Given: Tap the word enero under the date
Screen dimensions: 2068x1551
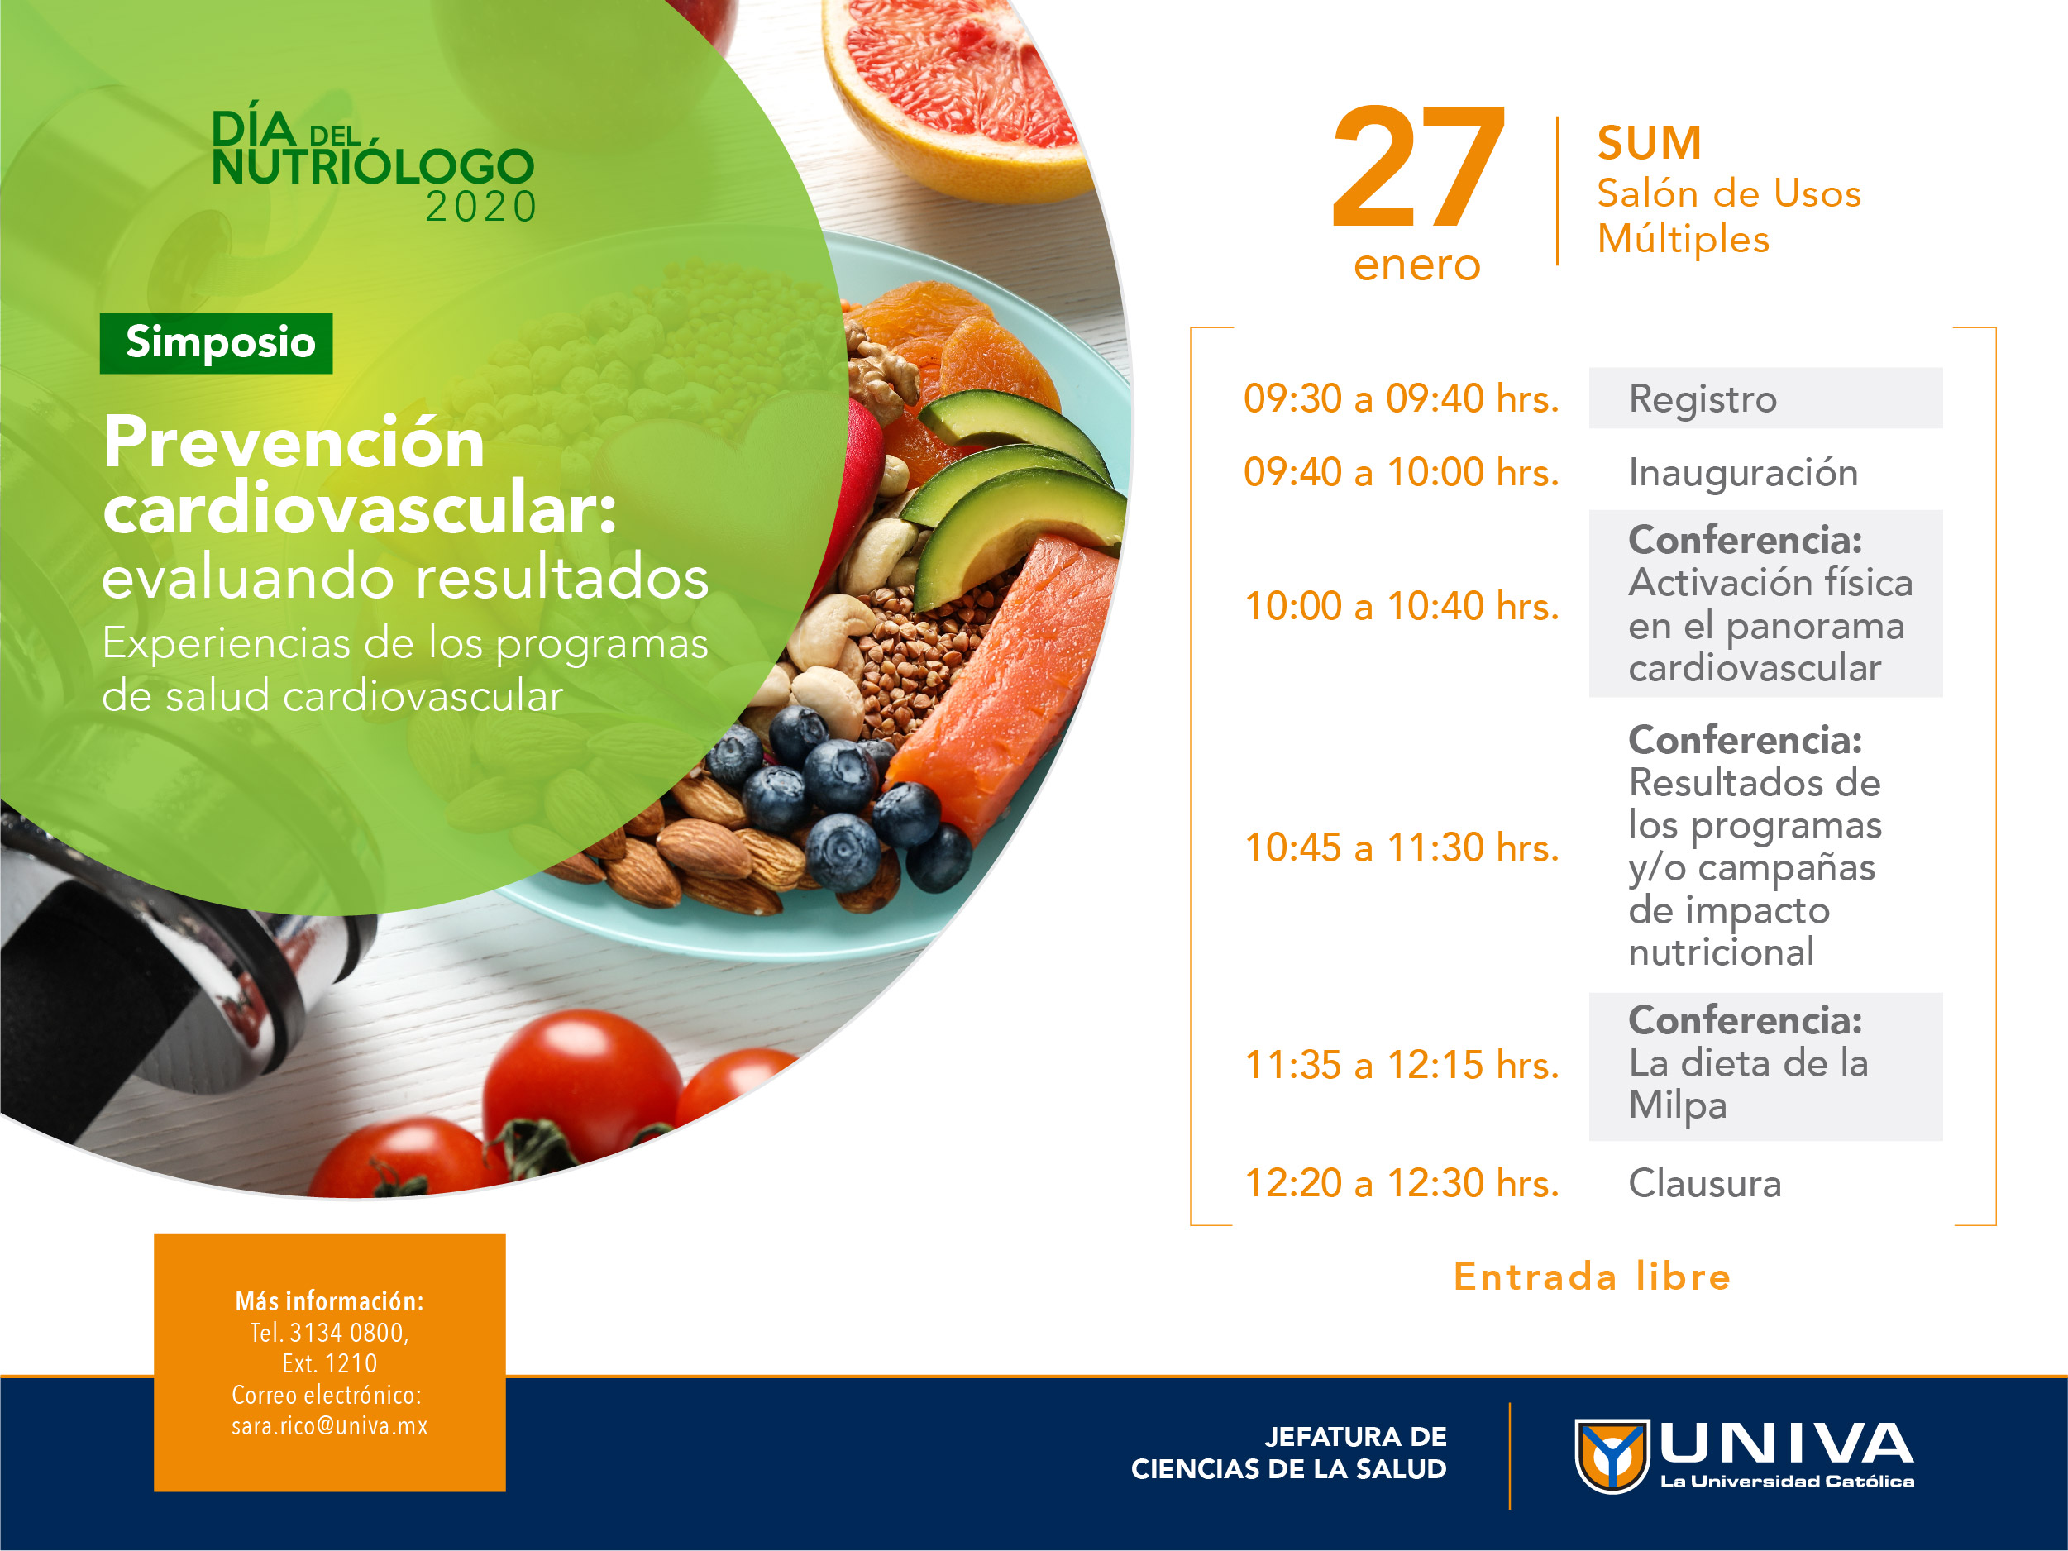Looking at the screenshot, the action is pos(1417,265).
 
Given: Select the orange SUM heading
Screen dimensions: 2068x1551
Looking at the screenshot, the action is pos(1649,143).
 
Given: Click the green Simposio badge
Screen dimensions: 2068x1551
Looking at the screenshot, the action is pos(216,343).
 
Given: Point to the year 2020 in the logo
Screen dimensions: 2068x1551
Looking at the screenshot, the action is pos(480,207).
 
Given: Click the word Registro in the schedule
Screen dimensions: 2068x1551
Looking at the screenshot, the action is pos(1703,399).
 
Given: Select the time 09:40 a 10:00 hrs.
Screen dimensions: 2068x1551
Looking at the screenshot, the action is pos(1402,472).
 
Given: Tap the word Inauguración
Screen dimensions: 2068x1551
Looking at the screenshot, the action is pos(1743,473).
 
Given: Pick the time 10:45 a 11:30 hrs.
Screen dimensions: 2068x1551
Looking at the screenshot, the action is pos(1402,848).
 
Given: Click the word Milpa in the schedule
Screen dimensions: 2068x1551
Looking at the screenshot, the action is pos(1677,1106).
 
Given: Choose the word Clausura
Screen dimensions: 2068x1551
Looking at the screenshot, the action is pos(1704,1184).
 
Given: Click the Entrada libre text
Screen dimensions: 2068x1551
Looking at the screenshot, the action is pos(1592,1277).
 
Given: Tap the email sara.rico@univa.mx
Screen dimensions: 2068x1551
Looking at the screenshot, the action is pos(330,1425).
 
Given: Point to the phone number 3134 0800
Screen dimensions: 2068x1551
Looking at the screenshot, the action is pos(348,1332).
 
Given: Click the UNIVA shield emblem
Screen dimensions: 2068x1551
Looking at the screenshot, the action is pos(1612,1456).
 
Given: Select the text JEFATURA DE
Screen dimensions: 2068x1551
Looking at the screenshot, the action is pos(1354,1437).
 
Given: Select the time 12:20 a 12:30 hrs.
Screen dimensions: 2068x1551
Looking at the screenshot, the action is pos(1402,1184).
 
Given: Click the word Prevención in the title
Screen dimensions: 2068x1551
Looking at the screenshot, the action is pos(294,442).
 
